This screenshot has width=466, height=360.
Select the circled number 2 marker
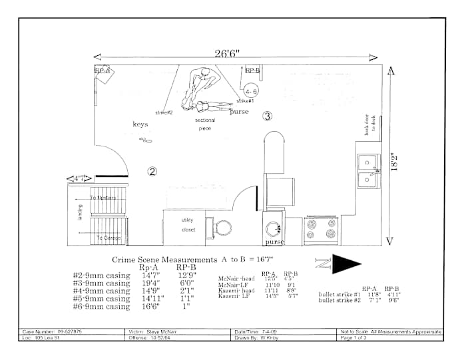tap(152, 172)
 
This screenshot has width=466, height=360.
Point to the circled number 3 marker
tap(268, 116)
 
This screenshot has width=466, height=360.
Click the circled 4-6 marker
tap(251, 90)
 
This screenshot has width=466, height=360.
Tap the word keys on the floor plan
tap(140, 124)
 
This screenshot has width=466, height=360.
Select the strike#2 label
tap(164, 112)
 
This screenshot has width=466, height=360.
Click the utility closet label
tap(189, 225)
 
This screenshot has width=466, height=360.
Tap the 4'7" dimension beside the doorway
tap(79, 178)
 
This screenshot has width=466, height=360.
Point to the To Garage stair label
tap(107, 238)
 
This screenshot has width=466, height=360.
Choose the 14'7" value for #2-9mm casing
tap(152, 274)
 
